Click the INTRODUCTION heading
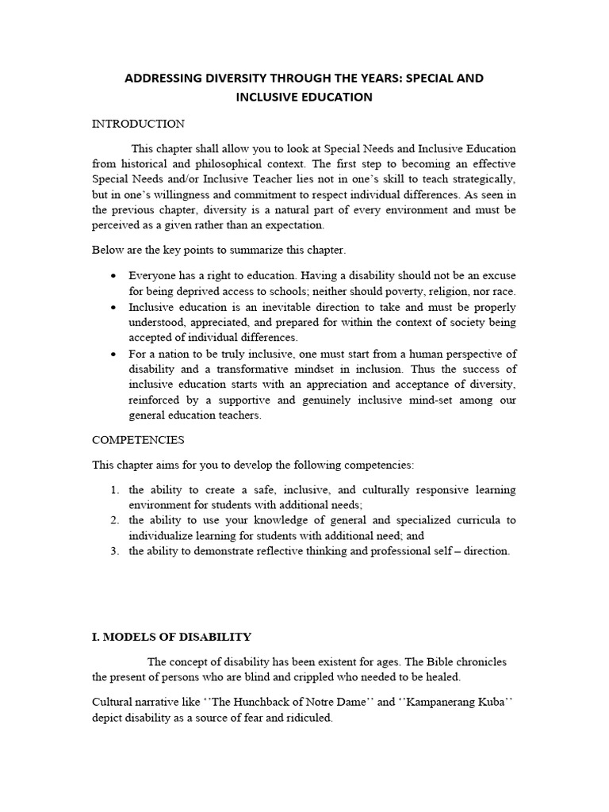point(138,124)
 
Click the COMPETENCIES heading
point(138,439)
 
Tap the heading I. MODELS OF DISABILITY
point(172,637)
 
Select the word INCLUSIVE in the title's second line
point(266,97)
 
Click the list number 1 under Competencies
point(115,490)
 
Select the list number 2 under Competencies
point(115,520)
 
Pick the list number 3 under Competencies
point(115,551)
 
